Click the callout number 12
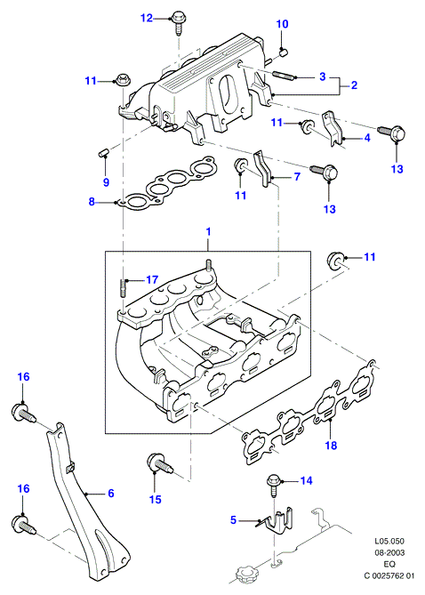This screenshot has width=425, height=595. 147,18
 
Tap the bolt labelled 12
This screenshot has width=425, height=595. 178,22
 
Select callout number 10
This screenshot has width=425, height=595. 282,24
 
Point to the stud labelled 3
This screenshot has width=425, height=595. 283,76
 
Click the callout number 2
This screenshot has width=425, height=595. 354,85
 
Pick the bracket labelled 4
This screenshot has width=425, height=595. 333,129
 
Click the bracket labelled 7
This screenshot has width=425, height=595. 263,168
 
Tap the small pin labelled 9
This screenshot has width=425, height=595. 102,153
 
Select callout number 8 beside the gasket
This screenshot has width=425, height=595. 92,202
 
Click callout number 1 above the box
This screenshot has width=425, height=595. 208,231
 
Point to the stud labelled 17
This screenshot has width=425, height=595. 124,287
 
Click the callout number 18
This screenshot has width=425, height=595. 331,445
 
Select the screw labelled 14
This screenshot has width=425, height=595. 273,486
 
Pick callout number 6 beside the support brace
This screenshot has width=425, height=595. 111,494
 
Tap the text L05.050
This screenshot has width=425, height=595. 389,541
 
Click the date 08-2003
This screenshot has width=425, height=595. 389,552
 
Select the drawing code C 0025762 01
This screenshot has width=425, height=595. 389,576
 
